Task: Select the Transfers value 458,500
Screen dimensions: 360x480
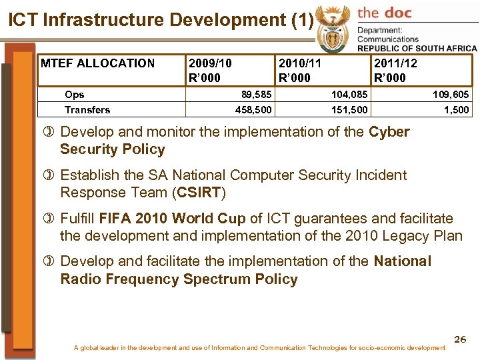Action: click(x=254, y=109)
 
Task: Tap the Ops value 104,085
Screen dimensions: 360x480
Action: click(x=349, y=95)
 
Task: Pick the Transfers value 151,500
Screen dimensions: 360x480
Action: click(x=349, y=109)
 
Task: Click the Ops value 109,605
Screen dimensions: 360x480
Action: click(x=451, y=95)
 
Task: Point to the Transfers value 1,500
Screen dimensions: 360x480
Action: click(x=456, y=109)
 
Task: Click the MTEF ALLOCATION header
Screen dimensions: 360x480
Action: click(x=97, y=64)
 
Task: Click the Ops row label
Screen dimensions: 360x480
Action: click(x=74, y=95)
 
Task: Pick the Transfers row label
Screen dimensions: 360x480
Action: click(x=87, y=109)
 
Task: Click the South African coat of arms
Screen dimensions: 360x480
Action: click(x=331, y=26)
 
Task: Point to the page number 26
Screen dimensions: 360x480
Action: click(x=459, y=340)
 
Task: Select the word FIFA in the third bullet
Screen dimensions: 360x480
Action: click(x=115, y=219)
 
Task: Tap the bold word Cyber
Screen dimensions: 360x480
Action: click(x=389, y=132)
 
